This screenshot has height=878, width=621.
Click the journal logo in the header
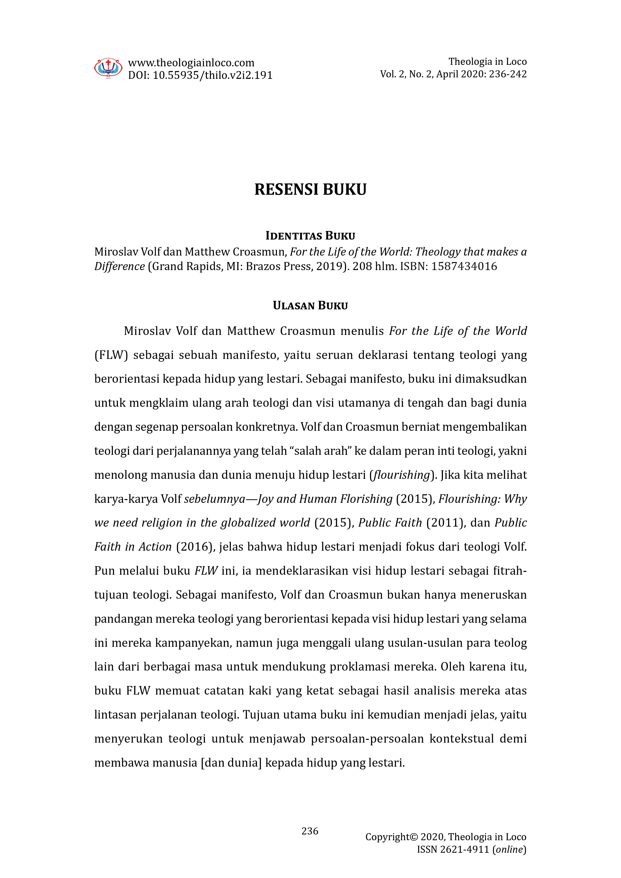(108, 68)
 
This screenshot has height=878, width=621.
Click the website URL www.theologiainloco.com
(191, 63)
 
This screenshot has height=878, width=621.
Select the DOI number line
(200, 75)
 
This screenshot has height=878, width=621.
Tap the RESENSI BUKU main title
(310, 189)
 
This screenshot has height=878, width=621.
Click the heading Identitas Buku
(310, 236)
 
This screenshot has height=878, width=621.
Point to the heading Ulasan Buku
(310, 306)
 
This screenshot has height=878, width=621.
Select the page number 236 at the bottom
(310, 831)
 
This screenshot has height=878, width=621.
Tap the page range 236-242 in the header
(508, 74)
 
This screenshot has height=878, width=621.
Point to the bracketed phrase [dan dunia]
(231, 763)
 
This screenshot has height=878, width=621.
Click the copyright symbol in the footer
(414, 837)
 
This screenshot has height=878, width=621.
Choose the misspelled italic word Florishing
(367, 499)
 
